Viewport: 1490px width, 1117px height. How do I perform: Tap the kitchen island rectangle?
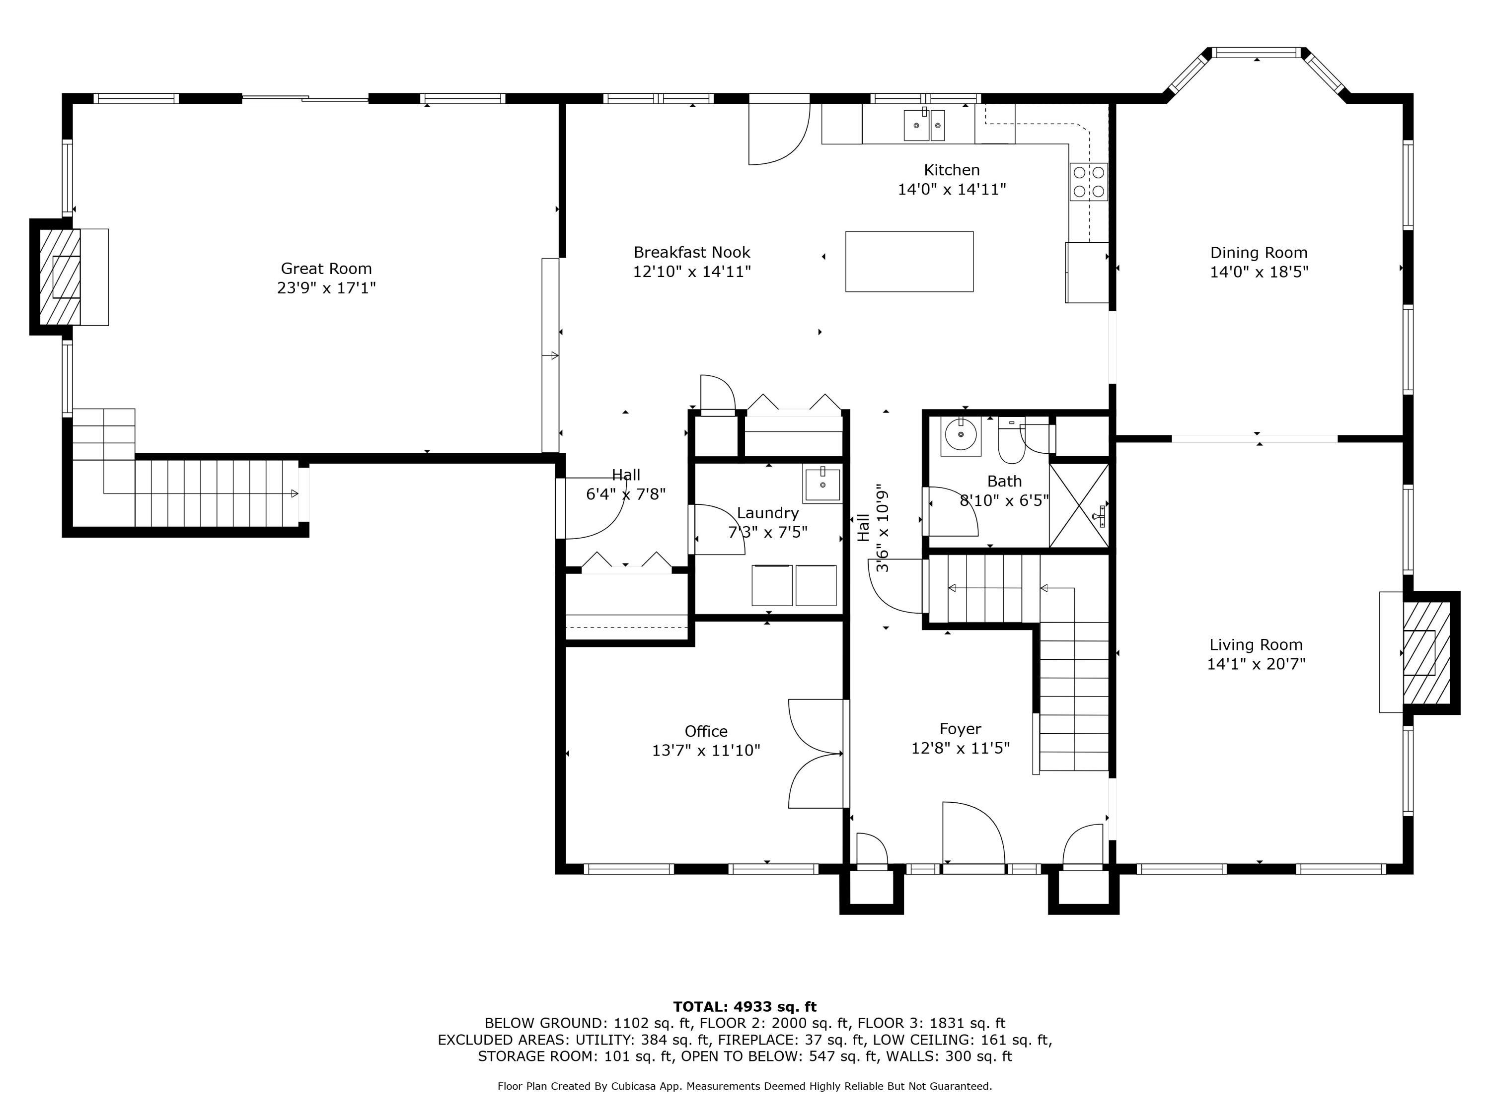pos(909,261)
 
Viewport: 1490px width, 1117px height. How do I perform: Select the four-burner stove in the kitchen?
pos(1089,182)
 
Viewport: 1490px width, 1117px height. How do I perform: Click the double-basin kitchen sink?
pos(924,125)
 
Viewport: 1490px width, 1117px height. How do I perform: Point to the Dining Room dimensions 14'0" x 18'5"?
pos(1259,272)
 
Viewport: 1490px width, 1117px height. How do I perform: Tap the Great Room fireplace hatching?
pos(60,277)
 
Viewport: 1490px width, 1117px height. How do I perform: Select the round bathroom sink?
pos(961,435)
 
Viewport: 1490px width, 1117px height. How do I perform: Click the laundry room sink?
pos(822,484)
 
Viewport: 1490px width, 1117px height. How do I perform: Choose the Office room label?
pos(706,731)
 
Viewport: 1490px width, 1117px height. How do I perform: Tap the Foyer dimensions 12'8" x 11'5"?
pos(961,748)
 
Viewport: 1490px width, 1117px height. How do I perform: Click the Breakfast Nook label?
pos(692,253)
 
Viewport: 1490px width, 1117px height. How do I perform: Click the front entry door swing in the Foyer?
pos(973,834)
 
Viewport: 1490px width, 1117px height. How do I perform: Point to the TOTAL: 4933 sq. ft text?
pos(745,1007)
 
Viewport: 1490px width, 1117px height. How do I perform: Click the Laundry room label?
pos(768,513)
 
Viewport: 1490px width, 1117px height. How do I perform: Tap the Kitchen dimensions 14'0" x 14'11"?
pos(952,190)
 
